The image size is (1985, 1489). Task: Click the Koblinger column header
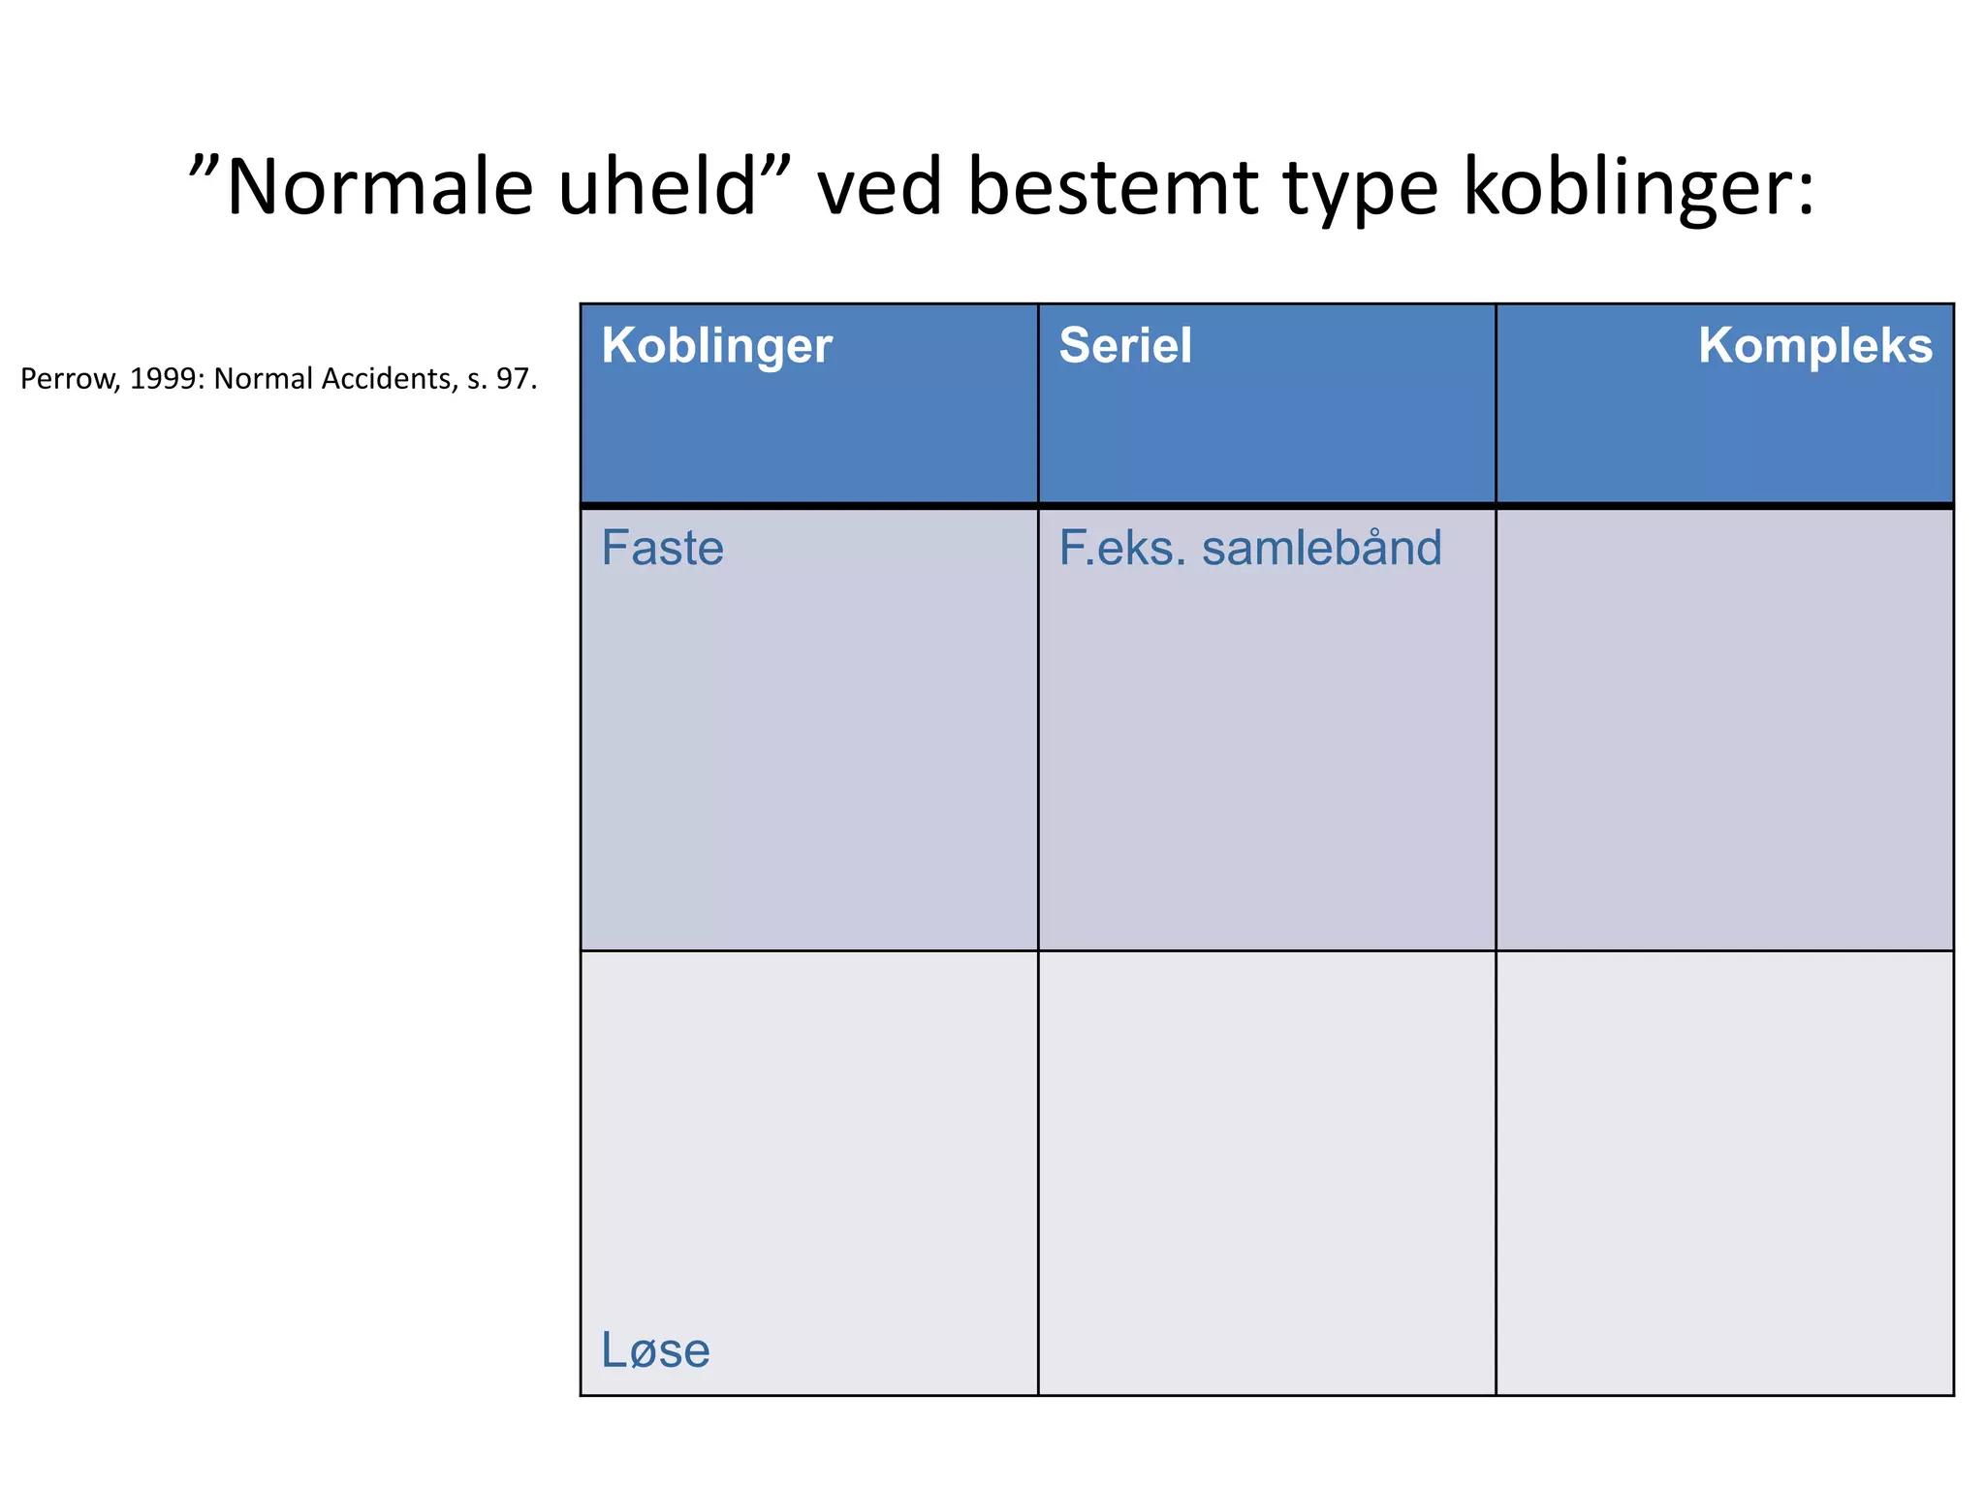coord(716,346)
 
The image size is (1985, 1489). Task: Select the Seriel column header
coord(1124,346)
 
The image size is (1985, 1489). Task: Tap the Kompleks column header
coord(1814,346)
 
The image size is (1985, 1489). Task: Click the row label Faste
coord(662,549)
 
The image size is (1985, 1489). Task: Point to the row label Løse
coord(655,1350)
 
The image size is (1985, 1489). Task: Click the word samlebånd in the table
coord(1321,549)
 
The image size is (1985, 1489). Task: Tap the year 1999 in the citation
coord(163,379)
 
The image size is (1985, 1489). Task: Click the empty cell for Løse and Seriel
coord(1266,1173)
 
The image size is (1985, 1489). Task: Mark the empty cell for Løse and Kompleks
coord(1724,1173)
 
